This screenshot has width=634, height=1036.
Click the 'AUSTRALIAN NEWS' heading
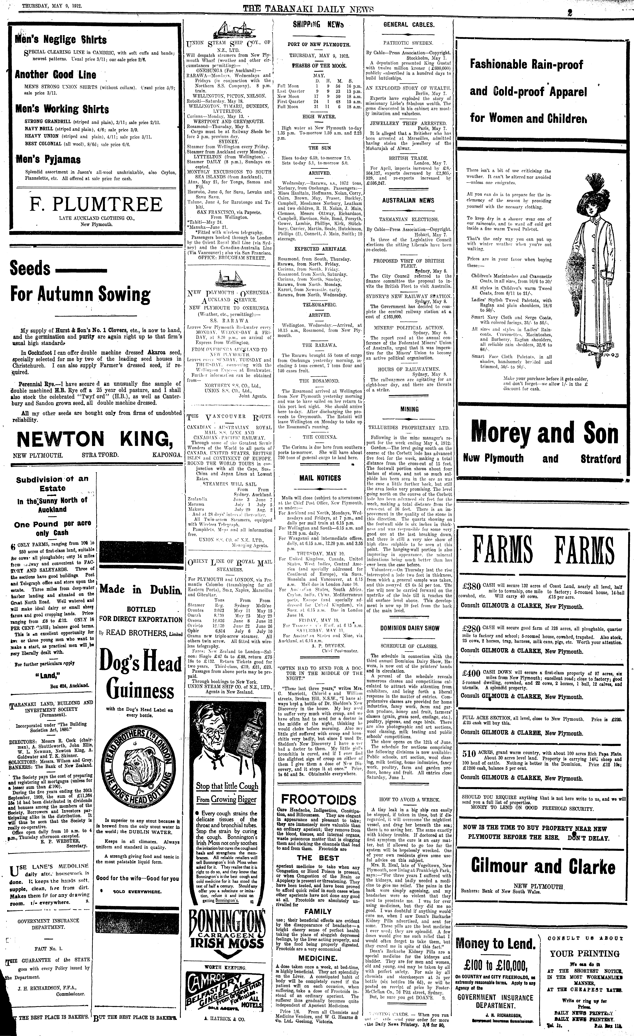point(408,201)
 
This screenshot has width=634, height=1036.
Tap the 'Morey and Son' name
point(545,433)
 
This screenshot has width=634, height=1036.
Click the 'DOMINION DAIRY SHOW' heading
point(410,628)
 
